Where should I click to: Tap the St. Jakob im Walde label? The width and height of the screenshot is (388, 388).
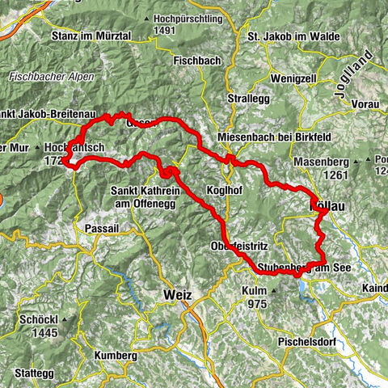click(288, 36)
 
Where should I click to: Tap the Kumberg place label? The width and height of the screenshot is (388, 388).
click(116, 356)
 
